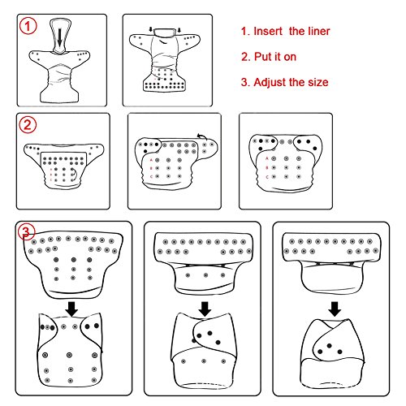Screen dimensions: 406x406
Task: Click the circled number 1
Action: [x=28, y=26]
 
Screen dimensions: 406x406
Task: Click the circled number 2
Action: [x=28, y=125]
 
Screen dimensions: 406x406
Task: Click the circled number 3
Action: [x=26, y=232]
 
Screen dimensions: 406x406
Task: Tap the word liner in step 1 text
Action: [x=319, y=31]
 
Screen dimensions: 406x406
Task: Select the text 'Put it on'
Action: [x=275, y=57]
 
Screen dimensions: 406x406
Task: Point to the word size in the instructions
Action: [x=318, y=82]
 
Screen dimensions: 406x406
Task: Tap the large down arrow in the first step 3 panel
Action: [x=71, y=309]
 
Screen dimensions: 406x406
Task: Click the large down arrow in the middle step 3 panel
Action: [x=205, y=309]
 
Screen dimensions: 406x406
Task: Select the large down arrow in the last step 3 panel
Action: [x=335, y=309]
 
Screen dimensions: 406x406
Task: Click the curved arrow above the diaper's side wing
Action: [x=201, y=136]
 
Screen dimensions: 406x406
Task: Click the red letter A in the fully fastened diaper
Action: [x=267, y=158]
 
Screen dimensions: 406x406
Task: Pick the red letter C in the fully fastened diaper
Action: [x=267, y=177]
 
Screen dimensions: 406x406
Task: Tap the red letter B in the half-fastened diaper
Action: [x=151, y=168]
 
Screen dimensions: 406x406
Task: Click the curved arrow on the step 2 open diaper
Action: [x=75, y=173]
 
